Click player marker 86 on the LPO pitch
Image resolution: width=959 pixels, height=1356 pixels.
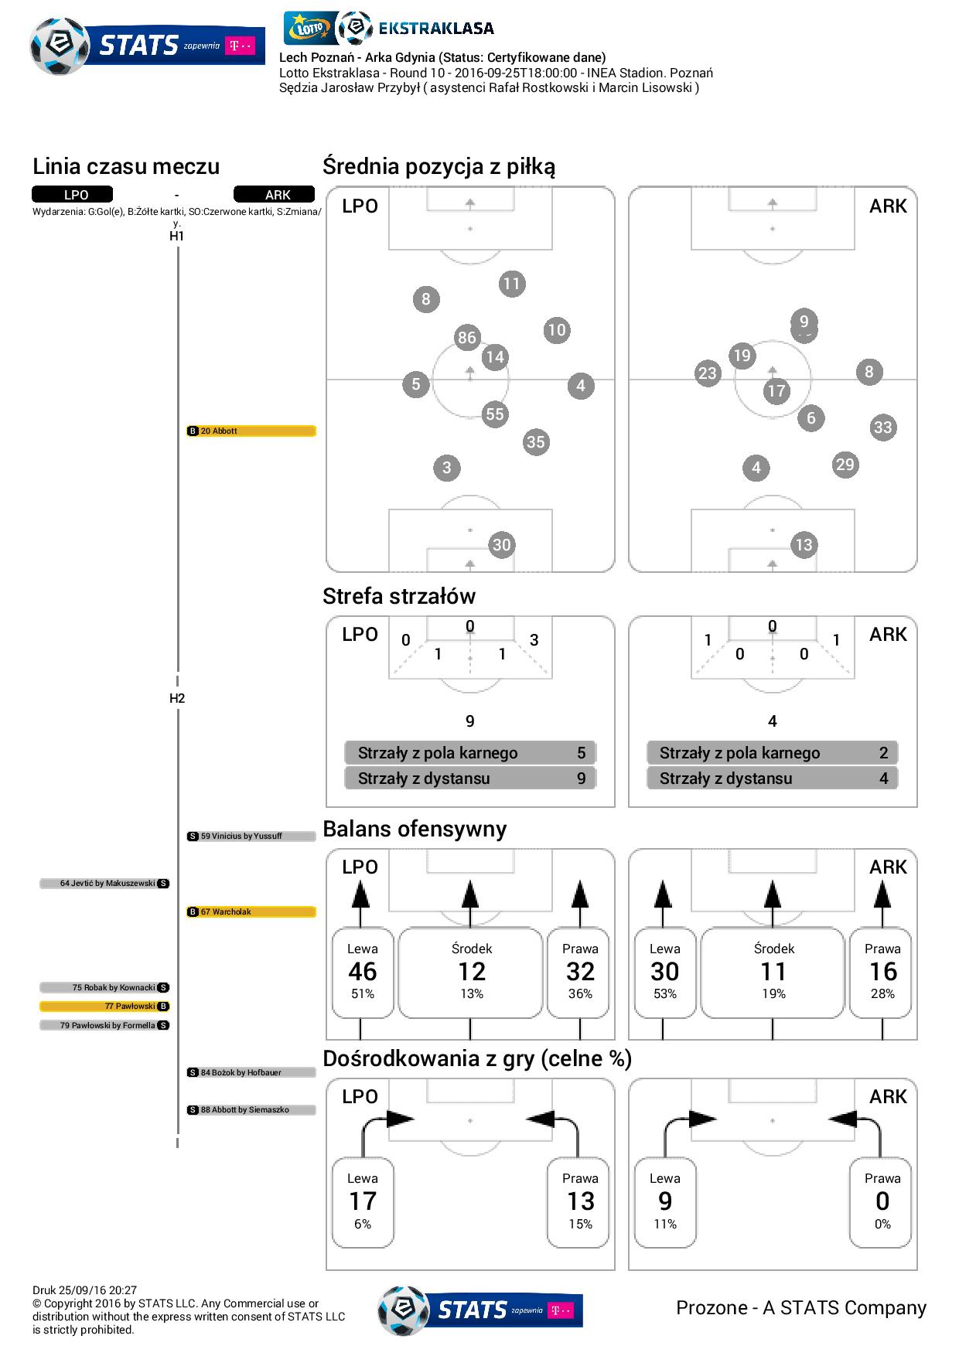467,337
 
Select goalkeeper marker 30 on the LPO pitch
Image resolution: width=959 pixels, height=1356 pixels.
502,545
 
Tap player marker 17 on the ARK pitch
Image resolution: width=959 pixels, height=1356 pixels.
776,391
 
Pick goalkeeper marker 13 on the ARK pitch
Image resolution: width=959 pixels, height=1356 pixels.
804,545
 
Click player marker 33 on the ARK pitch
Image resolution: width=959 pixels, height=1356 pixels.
883,428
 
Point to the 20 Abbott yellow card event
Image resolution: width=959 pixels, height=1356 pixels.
251,431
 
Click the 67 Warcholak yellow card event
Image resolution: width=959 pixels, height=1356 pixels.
251,911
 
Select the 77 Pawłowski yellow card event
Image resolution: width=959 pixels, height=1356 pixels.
104,1007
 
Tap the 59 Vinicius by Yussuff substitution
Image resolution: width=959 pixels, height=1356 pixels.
251,836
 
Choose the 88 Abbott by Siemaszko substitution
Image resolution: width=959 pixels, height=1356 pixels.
251,1109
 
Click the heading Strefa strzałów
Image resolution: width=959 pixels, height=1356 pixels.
399,596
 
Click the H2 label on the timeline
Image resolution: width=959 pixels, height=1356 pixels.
177,698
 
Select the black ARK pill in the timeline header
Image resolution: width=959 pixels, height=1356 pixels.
274,195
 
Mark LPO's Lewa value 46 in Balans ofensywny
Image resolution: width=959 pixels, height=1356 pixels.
363,972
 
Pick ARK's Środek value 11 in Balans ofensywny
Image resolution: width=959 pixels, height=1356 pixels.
773,972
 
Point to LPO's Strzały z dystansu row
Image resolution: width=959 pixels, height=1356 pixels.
470,779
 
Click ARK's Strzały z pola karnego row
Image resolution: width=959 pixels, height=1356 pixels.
773,753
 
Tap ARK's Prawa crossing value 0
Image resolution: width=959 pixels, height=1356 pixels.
882,1201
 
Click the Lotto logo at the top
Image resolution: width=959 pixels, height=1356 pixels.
310,29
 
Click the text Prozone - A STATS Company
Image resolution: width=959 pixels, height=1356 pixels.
801,1307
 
